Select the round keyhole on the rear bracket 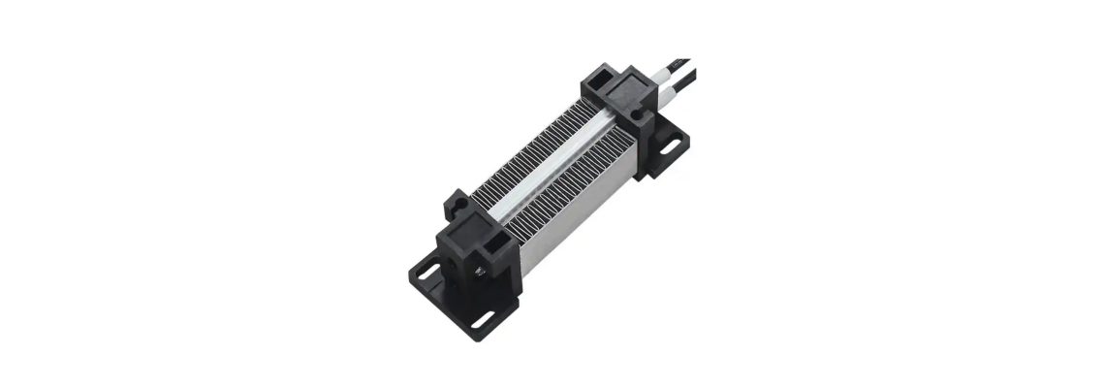[637, 113]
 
